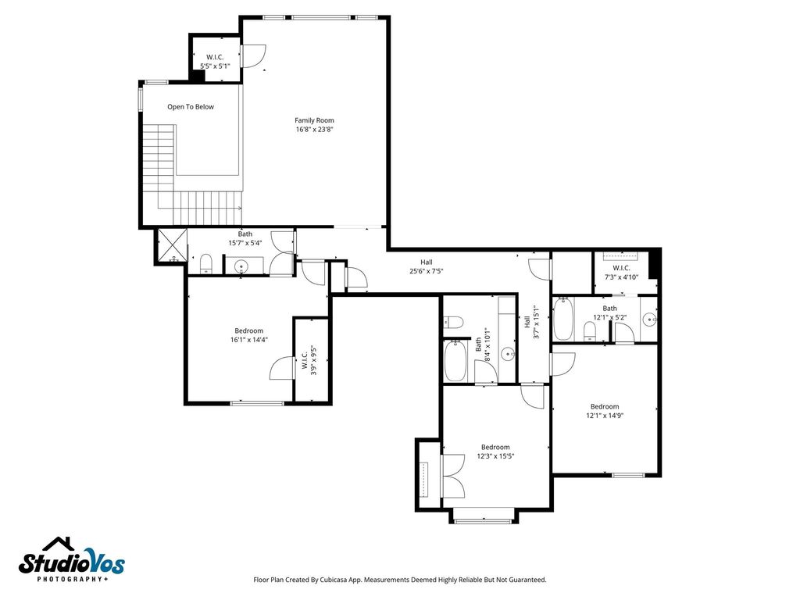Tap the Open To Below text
click(191, 106)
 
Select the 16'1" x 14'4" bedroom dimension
click(249, 339)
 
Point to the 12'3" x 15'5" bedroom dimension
click(495, 456)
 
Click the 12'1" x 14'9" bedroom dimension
click(605, 416)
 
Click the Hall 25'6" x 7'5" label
click(427, 266)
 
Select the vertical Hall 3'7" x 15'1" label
click(530, 323)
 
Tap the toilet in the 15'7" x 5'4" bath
click(205, 263)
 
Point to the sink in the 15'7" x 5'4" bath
click(241, 266)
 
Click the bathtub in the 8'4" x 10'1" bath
click(455, 361)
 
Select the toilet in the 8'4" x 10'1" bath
click(453, 322)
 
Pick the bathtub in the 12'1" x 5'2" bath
click(563, 320)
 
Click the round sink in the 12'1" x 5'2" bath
click(649, 320)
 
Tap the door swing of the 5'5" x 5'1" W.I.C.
click(254, 56)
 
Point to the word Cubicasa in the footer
click(336, 580)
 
